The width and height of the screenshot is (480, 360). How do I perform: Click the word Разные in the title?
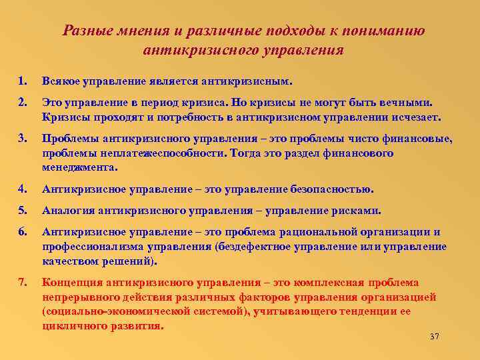click(85, 31)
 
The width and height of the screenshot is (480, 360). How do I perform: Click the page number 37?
click(435, 336)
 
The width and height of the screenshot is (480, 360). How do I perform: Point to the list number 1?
click(23, 81)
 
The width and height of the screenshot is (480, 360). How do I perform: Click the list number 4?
click(23, 189)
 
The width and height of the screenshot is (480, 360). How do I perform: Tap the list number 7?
click(23, 281)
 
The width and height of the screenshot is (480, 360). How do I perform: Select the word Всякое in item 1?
click(62, 81)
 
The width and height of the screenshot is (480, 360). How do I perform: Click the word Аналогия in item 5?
click(68, 211)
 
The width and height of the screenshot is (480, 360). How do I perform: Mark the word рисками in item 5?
click(360, 211)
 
